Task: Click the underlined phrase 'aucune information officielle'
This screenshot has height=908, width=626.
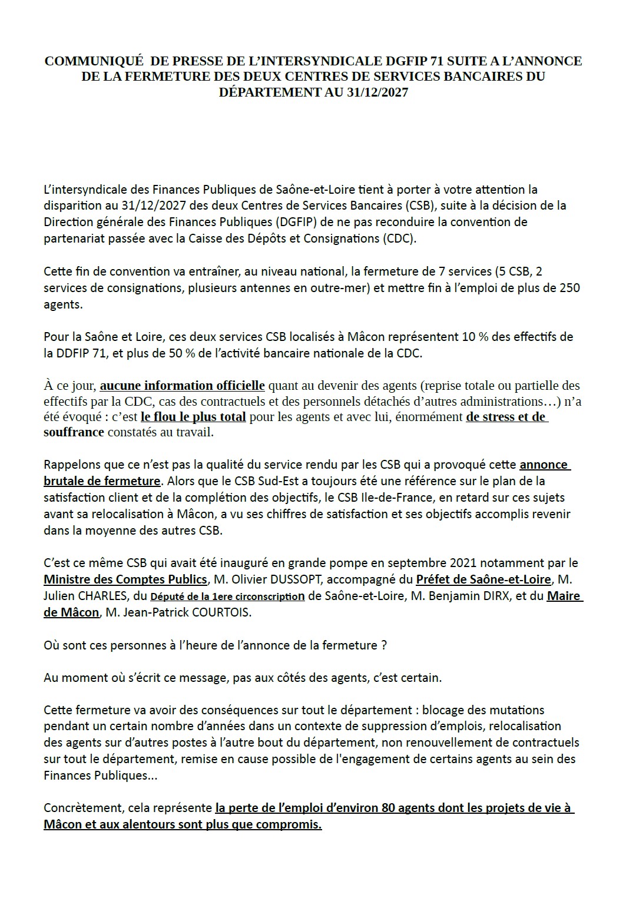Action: [x=183, y=386]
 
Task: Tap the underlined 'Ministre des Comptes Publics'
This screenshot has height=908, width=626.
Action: [x=125, y=579]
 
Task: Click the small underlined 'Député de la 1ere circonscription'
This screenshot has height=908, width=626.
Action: [x=227, y=597]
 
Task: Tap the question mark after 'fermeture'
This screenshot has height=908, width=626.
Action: [x=383, y=645]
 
